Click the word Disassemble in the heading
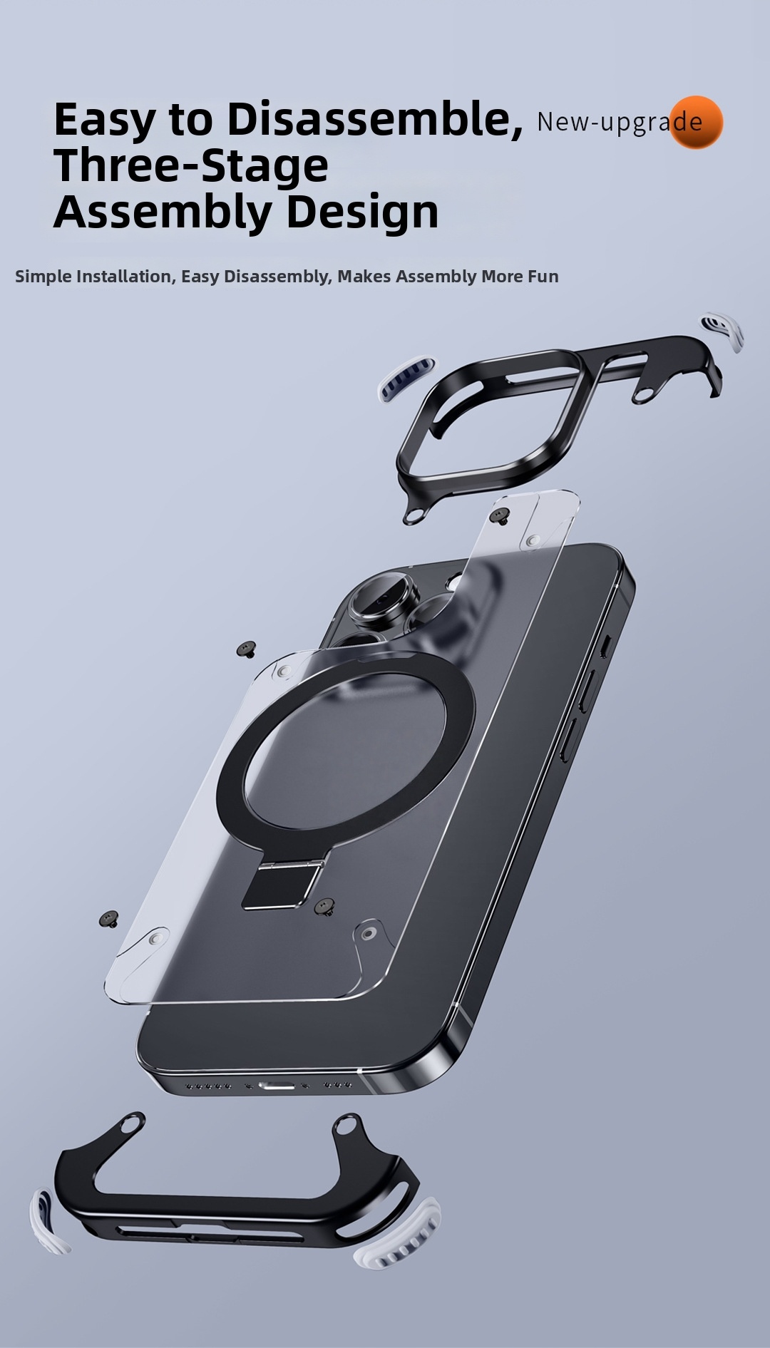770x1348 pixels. pos(374,119)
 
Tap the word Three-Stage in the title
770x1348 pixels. pos(191,165)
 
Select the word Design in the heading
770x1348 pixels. pos(362,213)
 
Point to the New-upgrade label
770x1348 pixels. pos(620,122)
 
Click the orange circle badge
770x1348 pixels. pos(696,123)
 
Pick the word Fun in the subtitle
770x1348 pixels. pos(543,277)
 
